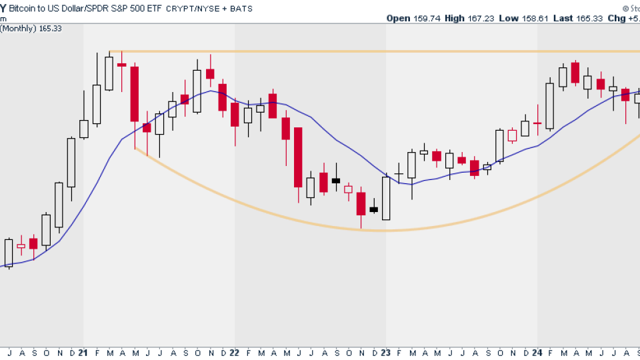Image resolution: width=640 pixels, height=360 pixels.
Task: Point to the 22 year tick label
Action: tap(235, 353)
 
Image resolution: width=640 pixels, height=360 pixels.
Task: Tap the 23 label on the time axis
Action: tap(386, 353)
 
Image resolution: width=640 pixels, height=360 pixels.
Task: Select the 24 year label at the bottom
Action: tap(537, 353)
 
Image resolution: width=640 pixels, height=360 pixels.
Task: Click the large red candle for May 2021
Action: tap(135, 93)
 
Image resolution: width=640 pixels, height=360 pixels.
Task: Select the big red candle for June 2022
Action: tap(298, 157)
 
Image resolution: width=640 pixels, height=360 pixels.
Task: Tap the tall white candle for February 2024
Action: tap(550, 105)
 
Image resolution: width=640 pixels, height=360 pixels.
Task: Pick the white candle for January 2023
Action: tap(386, 198)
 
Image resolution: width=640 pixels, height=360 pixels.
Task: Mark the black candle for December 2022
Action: tap(373, 209)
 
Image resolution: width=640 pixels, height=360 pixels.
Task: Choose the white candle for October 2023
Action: tap(499, 145)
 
